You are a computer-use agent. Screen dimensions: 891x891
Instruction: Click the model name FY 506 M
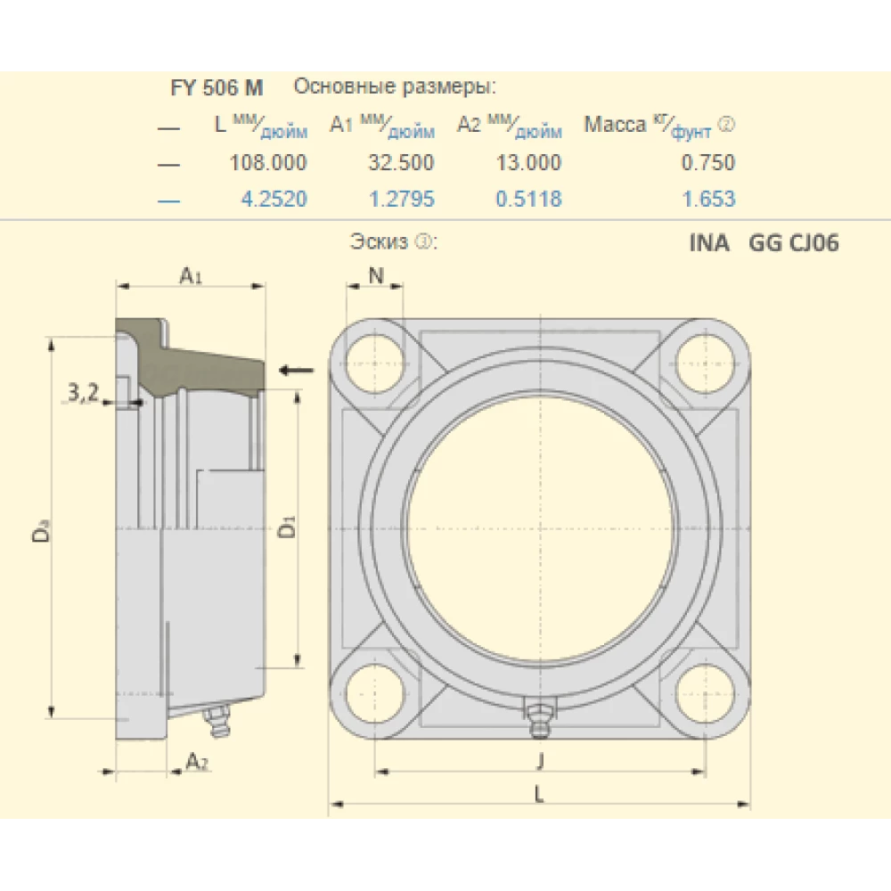217,87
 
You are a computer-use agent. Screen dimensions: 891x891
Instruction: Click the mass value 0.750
709,162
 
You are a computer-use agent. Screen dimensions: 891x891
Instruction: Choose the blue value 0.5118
529,199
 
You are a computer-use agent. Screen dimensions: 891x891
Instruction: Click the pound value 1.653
709,199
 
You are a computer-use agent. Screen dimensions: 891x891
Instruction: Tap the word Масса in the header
615,125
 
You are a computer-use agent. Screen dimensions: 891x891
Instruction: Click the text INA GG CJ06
764,243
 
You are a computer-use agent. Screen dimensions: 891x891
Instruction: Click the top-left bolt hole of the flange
375,361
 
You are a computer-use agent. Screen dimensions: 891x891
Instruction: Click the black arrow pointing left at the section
296,370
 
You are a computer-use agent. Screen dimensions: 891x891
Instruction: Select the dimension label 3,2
83,393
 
